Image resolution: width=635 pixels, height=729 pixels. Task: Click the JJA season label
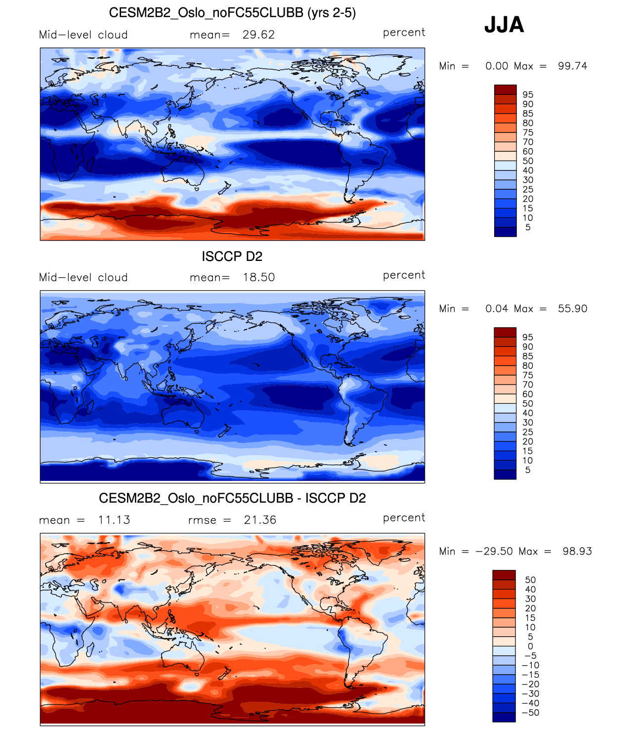point(504,25)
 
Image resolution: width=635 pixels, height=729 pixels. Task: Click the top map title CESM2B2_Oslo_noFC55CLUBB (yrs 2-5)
point(232,13)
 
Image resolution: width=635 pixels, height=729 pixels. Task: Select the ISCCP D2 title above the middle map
point(232,257)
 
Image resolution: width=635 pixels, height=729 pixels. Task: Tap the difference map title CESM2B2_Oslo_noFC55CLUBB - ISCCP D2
point(232,498)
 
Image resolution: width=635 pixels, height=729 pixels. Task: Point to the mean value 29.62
point(258,35)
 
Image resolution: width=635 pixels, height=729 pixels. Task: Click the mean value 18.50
point(258,277)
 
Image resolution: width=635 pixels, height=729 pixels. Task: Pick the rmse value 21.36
point(260,520)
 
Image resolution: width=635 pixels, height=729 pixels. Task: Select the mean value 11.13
point(114,520)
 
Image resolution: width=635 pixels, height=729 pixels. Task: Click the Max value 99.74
point(572,66)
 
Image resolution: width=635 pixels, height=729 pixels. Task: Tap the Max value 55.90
point(572,309)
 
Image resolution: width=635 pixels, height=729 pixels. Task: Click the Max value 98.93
point(577,552)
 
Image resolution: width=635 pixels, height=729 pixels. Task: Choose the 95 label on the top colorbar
point(528,95)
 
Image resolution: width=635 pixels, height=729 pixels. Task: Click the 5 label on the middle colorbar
point(528,470)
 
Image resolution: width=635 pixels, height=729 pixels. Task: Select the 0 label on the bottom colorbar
point(530,646)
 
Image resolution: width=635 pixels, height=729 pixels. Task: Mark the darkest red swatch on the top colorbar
point(505,89)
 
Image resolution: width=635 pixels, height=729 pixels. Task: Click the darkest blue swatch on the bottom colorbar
point(504,717)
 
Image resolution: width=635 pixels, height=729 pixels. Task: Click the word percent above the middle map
point(404,275)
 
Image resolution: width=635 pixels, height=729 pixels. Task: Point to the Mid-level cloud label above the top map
point(84,35)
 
